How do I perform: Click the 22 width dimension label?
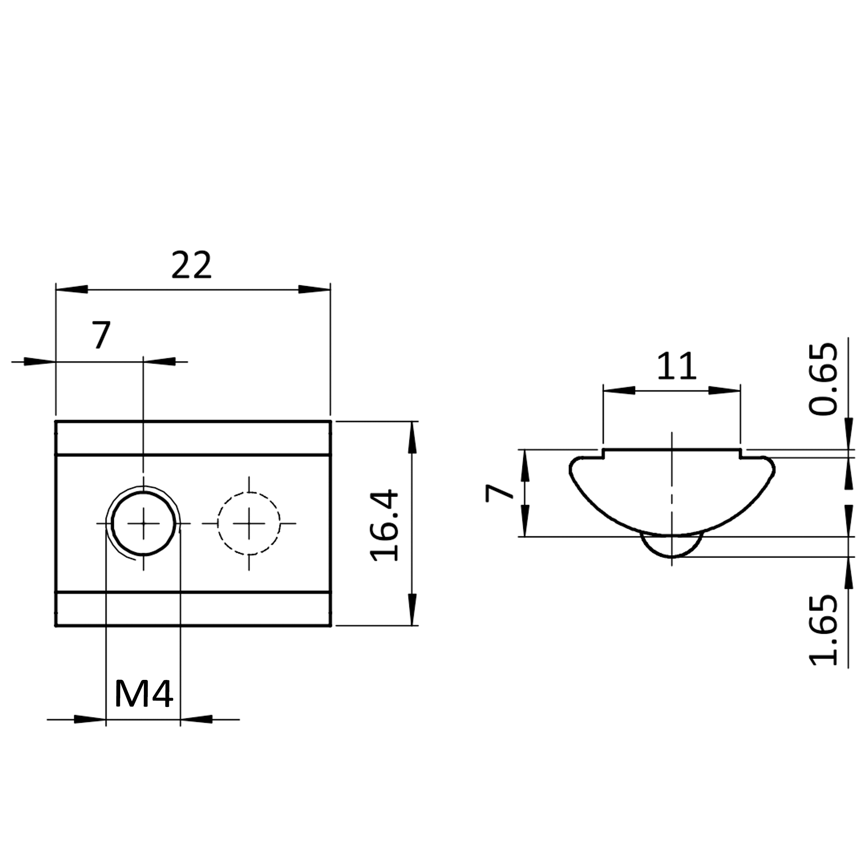pos(191,265)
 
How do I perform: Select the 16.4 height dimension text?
pos(384,525)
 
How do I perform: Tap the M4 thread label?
pos(144,693)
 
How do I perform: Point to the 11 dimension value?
pos(677,366)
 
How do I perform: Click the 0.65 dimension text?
pos(823,379)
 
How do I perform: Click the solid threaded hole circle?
pos(144,492)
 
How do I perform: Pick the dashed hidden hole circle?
pos(249,492)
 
